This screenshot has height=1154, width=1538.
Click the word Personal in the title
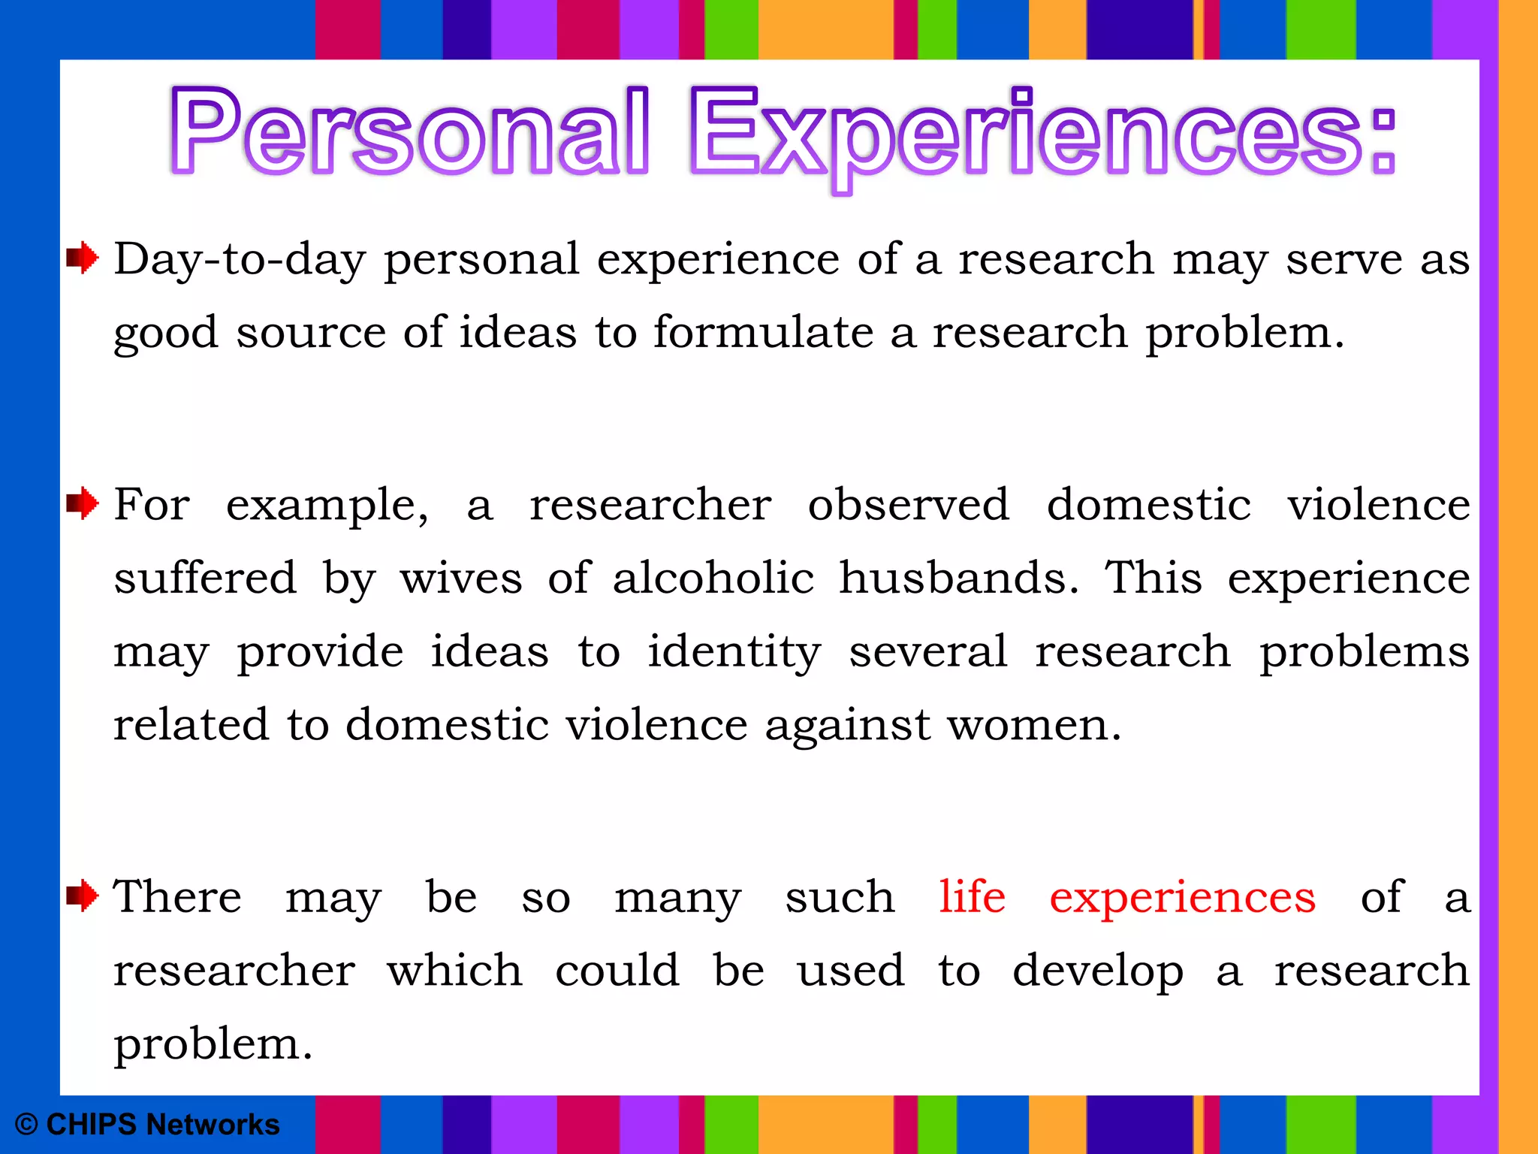[409, 131]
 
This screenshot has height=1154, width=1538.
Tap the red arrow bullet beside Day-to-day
[82, 258]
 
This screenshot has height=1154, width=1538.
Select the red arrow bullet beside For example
[82, 503]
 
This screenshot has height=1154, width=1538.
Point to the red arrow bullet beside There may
[82, 896]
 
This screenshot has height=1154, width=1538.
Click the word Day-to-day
[240, 260]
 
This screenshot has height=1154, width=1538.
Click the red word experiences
[1182, 899]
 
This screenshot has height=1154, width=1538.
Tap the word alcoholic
[713, 578]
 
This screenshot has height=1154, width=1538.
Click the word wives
[460, 579]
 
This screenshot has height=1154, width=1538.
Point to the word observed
[908, 504]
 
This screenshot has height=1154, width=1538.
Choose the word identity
[734, 652]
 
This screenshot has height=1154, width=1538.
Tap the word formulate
[763, 332]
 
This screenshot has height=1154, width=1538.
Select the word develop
[1097, 972]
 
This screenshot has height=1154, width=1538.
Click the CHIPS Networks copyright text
[148, 1125]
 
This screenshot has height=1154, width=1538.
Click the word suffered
[205, 578]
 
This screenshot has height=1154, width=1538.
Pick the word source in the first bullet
[311, 333]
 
